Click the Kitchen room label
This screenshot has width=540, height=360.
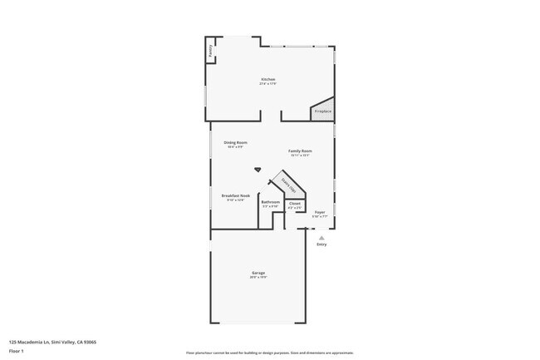coord(268,79)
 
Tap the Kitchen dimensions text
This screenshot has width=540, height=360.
coord(268,84)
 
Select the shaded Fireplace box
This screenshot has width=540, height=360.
coord(322,111)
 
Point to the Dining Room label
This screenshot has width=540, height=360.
coord(235,142)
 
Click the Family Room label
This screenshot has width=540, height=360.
coord(300,150)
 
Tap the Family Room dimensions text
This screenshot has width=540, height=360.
coord(300,155)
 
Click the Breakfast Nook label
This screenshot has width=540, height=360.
coord(235,195)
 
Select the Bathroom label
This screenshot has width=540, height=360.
coord(270,202)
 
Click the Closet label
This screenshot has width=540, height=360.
coord(295,203)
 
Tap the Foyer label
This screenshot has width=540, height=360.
coord(320,213)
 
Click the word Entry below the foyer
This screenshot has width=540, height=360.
coord(322,244)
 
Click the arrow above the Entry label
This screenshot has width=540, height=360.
coord(322,237)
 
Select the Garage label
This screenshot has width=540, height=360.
coord(258,273)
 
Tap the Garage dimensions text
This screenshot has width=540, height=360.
coord(258,278)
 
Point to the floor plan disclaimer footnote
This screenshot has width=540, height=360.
coord(269,353)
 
